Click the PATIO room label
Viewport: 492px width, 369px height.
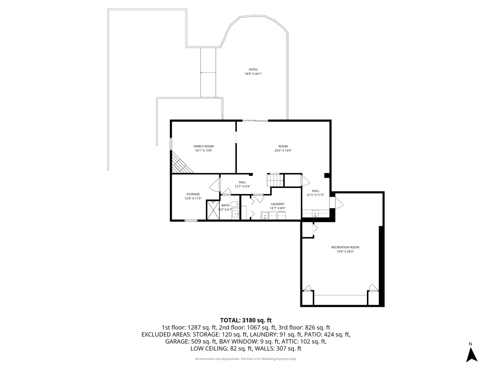pyautogui.click(x=253, y=70)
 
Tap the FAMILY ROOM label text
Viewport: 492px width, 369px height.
pyautogui.click(x=204, y=146)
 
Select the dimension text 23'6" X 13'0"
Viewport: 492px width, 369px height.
pyautogui.click(x=283, y=151)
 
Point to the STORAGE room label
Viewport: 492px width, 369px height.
pyautogui.click(x=193, y=194)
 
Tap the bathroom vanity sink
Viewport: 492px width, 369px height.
pyautogui.click(x=235, y=214)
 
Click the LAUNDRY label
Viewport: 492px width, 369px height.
pyautogui.click(x=277, y=204)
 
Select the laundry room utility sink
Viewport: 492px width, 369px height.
pyautogui.click(x=265, y=215)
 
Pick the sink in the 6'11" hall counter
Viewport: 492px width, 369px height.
pyautogui.click(x=315, y=214)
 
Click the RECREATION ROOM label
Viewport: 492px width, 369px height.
pyautogui.click(x=345, y=247)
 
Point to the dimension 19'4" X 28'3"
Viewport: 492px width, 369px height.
pyautogui.click(x=345, y=252)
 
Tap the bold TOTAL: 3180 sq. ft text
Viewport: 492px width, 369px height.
pyautogui.click(x=246, y=320)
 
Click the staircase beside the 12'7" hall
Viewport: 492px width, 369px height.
pyautogui.click(x=275, y=180)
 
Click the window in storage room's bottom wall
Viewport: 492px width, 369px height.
pyautogui.click(x=191, y=221)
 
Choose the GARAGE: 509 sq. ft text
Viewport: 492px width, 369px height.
pyautogui.click(x=191, y=341)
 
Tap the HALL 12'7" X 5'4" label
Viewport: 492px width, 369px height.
pyautogui.click(x=243, y=184)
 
